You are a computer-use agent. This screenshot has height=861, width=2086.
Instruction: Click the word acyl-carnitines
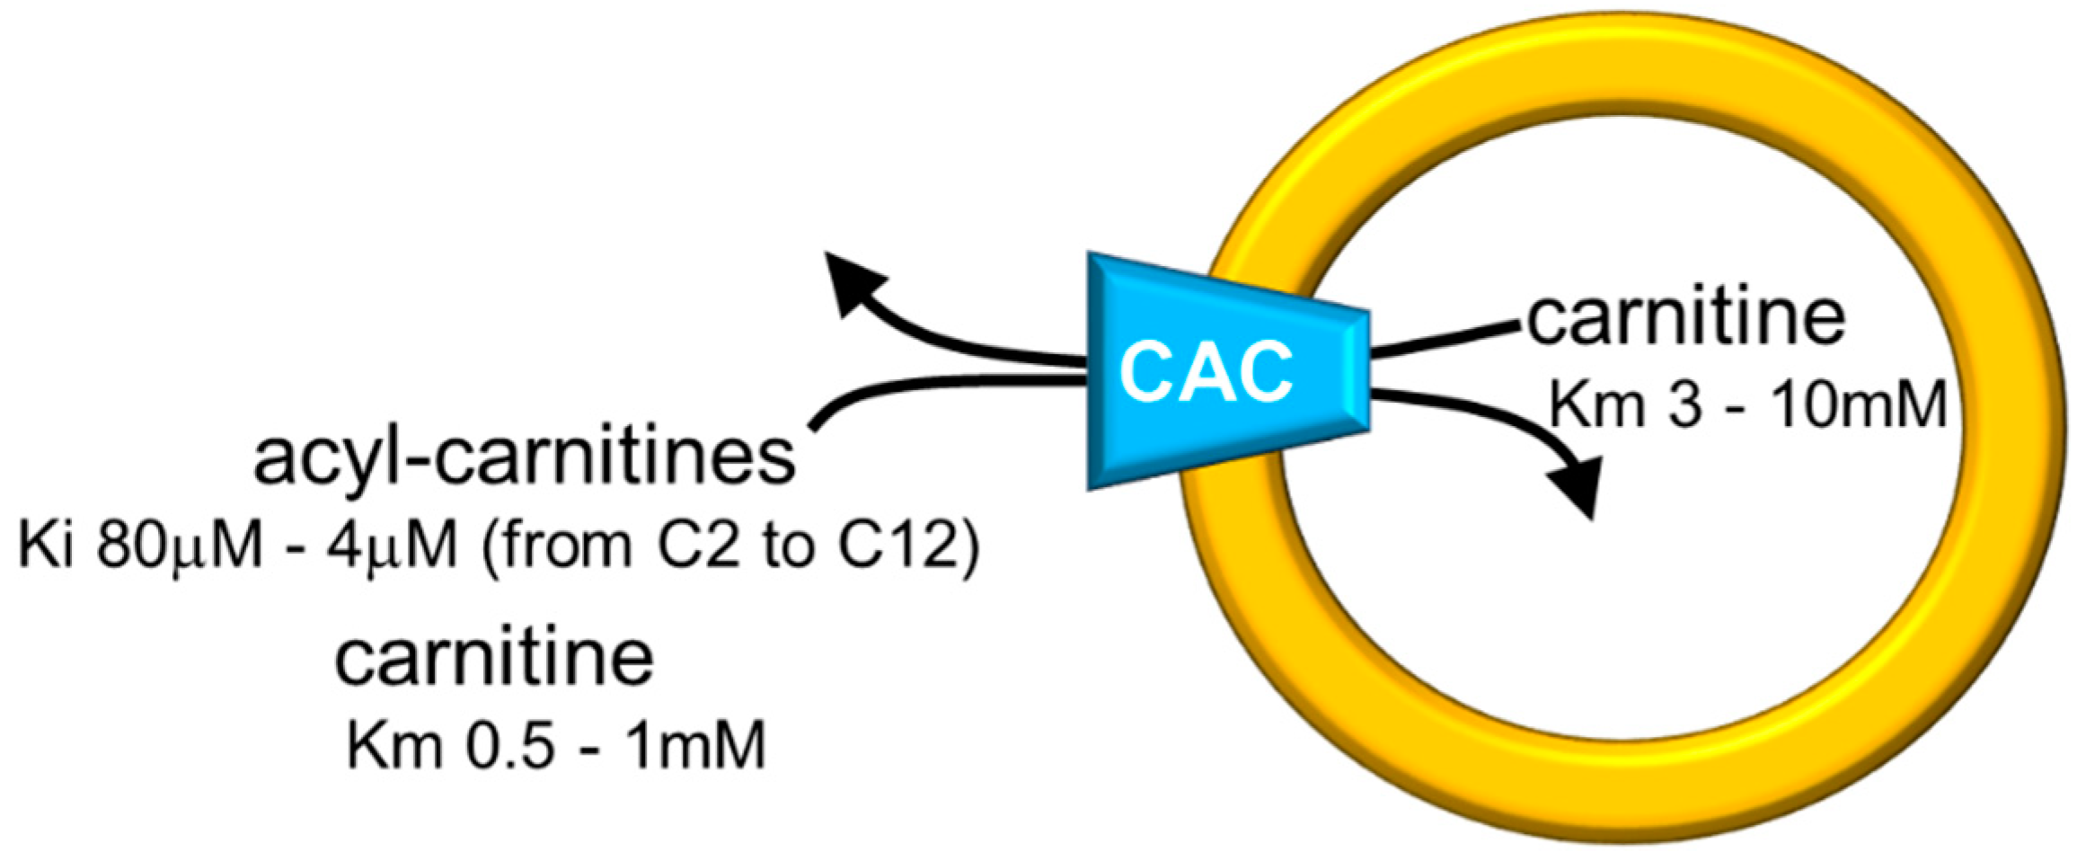point(526,457)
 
